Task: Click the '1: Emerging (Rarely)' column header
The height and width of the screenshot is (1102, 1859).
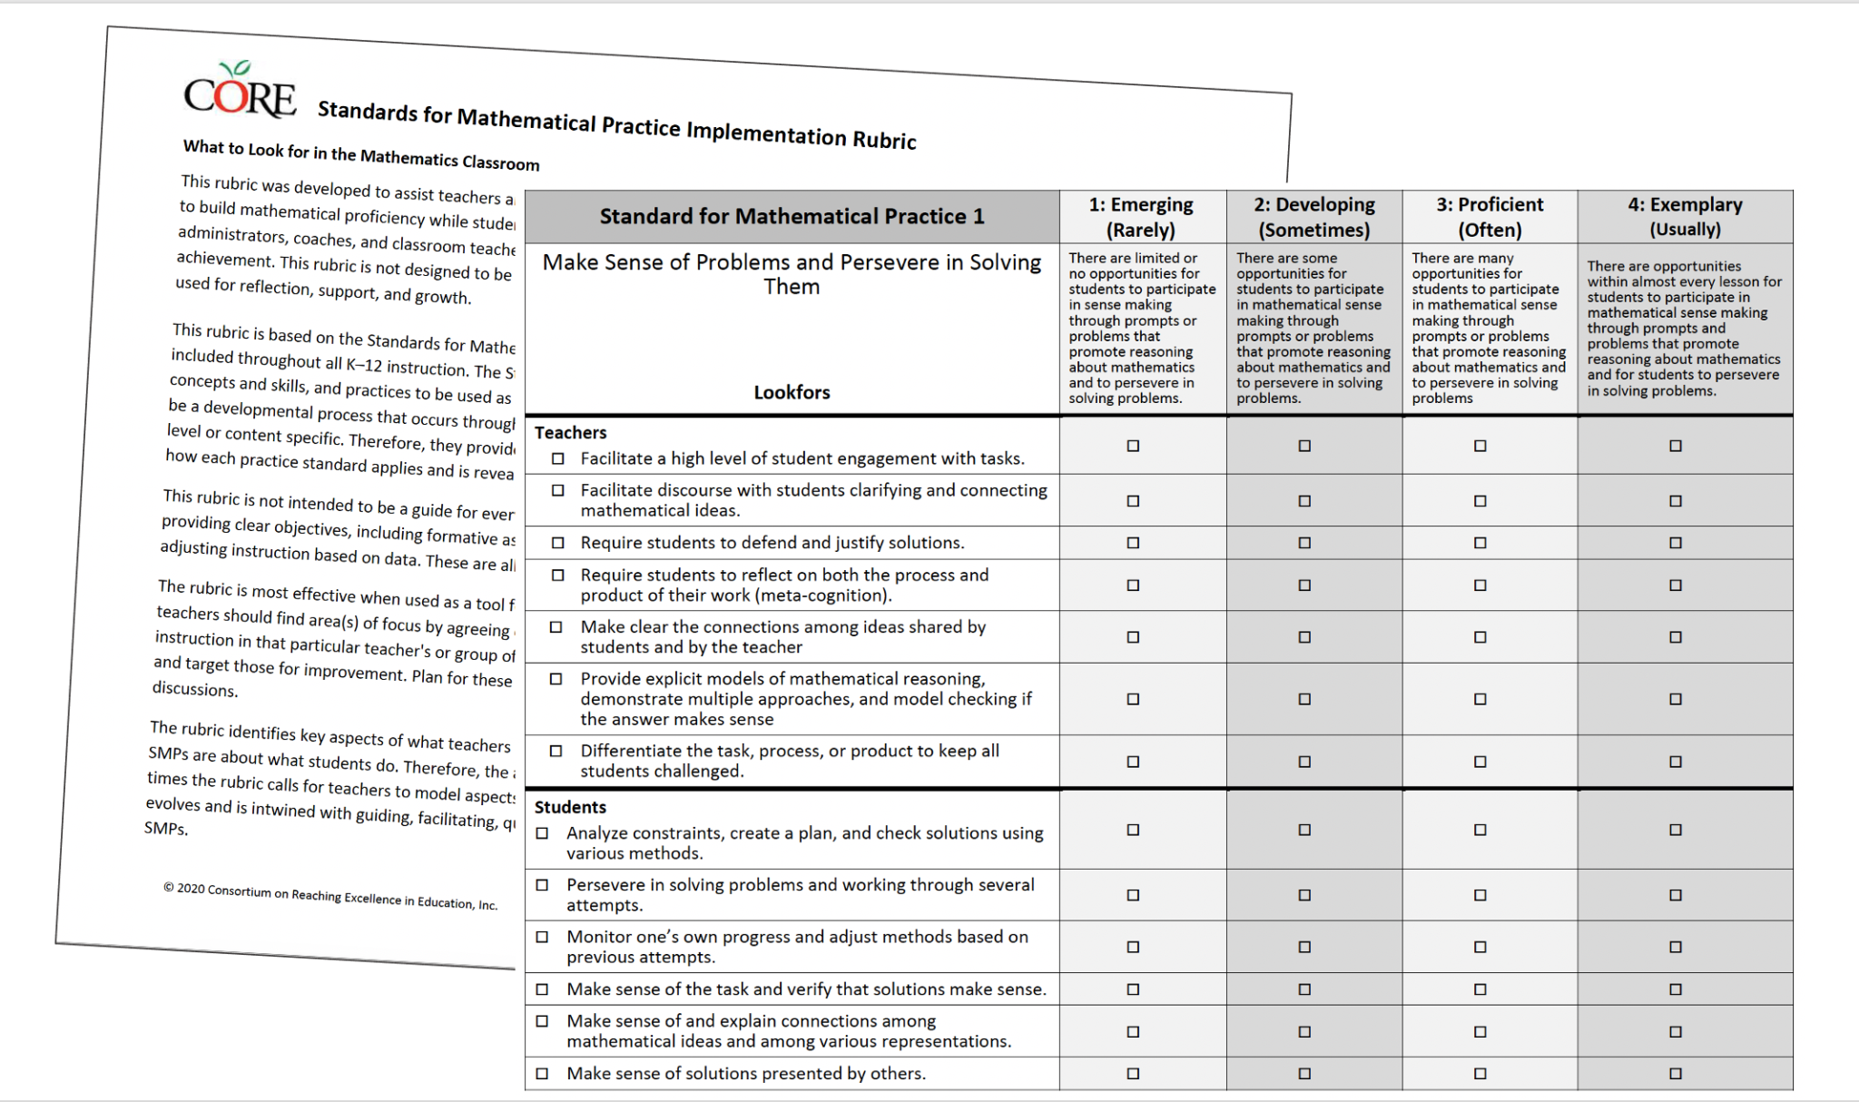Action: pyautogui.click(x=1141, y=217)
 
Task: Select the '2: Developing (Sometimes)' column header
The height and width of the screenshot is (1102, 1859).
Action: pyautogui.click(x=1313, y=217)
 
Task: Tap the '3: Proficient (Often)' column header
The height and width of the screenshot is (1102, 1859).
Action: pyautogui.click(x=1489, y=217)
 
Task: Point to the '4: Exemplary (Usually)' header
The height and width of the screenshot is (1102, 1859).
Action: pyautogui.click(x=1684, y=217)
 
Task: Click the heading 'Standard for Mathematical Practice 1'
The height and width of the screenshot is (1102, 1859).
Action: pyautogui.click(x=792, y=217)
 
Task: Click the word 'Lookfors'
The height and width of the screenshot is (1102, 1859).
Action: pyautogui.click(x=792, y=392)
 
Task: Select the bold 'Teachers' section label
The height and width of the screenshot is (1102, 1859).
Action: pyautogui.click(x=570, y=433)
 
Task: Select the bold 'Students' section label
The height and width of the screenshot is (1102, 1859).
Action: pyautogui.click(x=570, y=807)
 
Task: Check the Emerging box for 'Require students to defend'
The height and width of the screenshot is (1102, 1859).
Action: pyautogui.click(x=1133, y=543)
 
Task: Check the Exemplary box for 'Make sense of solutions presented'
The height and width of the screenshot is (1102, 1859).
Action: pyautogui.click(x=1676, y=1074)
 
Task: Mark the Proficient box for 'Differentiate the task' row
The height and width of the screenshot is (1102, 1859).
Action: pyautogui.click(x=1480, y=762)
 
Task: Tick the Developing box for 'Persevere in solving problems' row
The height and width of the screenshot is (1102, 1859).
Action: pyautogui.click(x=1304, y=895)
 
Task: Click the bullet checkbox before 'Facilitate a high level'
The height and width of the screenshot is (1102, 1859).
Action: pyautogui.click(x=558, y=458)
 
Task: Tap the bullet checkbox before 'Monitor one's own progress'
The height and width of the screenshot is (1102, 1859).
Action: pyautogui.click(x=543, y=937)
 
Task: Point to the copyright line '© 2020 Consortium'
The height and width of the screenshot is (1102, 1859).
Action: pyautogui.click(x=330, y=896)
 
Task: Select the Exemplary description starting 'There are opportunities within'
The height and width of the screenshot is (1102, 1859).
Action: pyautogui.click(x=1684, y=328)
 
